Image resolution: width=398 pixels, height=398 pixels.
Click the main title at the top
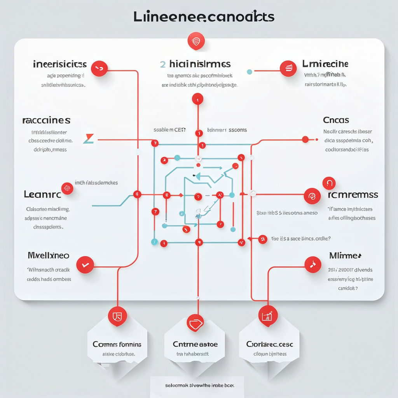pyautogui.click(x=204, y=17)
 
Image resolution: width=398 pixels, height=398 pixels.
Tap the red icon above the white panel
pyautogui.click(x=196, y=41)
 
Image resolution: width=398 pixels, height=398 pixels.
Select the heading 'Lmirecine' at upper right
pyautogui.click(x=325, y=64)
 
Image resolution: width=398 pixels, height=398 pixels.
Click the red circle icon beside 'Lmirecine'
pyautogui.click(x=288, y=68)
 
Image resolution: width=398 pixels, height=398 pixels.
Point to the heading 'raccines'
pyautogui.click(x=46, y=120)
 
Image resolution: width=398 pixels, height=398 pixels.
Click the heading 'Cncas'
pyautogui.click(x=336, y=120)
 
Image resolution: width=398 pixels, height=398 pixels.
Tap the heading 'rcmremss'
pyautogui.click(x=353, y=194)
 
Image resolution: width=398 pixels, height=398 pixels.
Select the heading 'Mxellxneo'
pyautogui.click(x=49, y=255)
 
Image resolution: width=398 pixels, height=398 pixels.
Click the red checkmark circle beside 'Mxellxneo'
pyautogui.click(x=85, y=265)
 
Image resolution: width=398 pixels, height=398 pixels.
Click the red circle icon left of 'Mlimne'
pyautogui.click(x=312, y=265)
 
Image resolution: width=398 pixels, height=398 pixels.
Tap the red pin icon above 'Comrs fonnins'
pyautogui.click(x=117, y=316)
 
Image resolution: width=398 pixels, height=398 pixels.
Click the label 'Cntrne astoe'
pyautogui.click(x=195, y=344)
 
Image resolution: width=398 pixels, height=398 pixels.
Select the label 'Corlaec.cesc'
pyautogui.click(x=269, y=344)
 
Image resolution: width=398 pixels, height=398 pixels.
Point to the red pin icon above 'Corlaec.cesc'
pyautogui.click(x=268, y=315)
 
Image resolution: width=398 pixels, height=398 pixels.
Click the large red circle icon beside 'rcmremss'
pyautogui.click(x=312, y=196)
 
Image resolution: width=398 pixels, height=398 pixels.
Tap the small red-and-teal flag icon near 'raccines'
pyautogui.click(x=89, y=138)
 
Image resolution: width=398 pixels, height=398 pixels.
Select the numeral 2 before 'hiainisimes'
pyautogui.click(x=163, y=64)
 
